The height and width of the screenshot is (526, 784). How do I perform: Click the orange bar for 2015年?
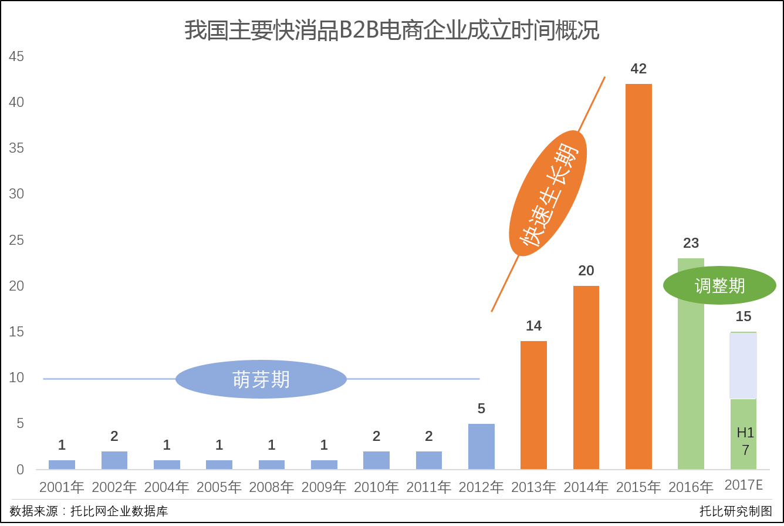pos(638,276)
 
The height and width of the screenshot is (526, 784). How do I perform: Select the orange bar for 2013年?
pos(533,405)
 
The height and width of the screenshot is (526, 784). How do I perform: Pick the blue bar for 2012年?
pos(481,446)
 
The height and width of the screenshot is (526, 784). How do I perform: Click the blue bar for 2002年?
pos(114,460)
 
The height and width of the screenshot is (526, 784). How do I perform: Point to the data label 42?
pos(638,69)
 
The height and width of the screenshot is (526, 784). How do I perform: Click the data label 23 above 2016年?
pos(691,243)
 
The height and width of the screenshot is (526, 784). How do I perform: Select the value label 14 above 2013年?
pos(533,326)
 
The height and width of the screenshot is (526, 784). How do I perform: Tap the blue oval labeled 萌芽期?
pos(261,379)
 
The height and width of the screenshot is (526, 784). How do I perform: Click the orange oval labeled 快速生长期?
pos(548,193)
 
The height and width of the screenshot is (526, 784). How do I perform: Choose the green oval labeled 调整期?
pos(719,285)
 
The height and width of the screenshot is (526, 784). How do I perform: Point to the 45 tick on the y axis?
pos(16,57)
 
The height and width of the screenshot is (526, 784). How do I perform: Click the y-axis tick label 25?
pos(16,241)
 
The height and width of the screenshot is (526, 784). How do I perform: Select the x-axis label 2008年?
pos(272,487)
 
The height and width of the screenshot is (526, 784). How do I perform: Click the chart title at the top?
pos(392,31)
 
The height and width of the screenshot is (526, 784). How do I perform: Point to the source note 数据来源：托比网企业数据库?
pos(89,511)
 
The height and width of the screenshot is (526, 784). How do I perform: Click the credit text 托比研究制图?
pos(736,511)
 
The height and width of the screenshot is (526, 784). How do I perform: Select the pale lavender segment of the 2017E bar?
pos(743,365)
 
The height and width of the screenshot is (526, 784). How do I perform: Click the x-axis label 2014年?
pos(586,487)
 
